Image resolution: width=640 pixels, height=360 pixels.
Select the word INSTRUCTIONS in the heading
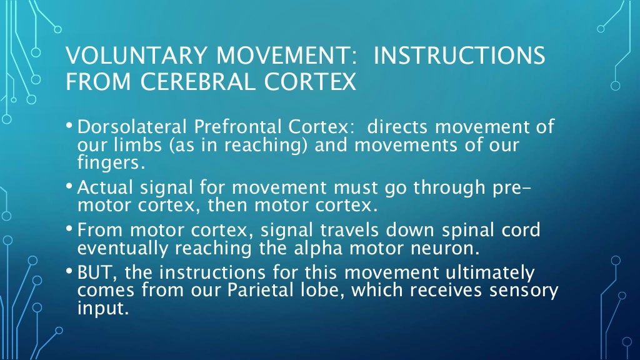tap(459, 56)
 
